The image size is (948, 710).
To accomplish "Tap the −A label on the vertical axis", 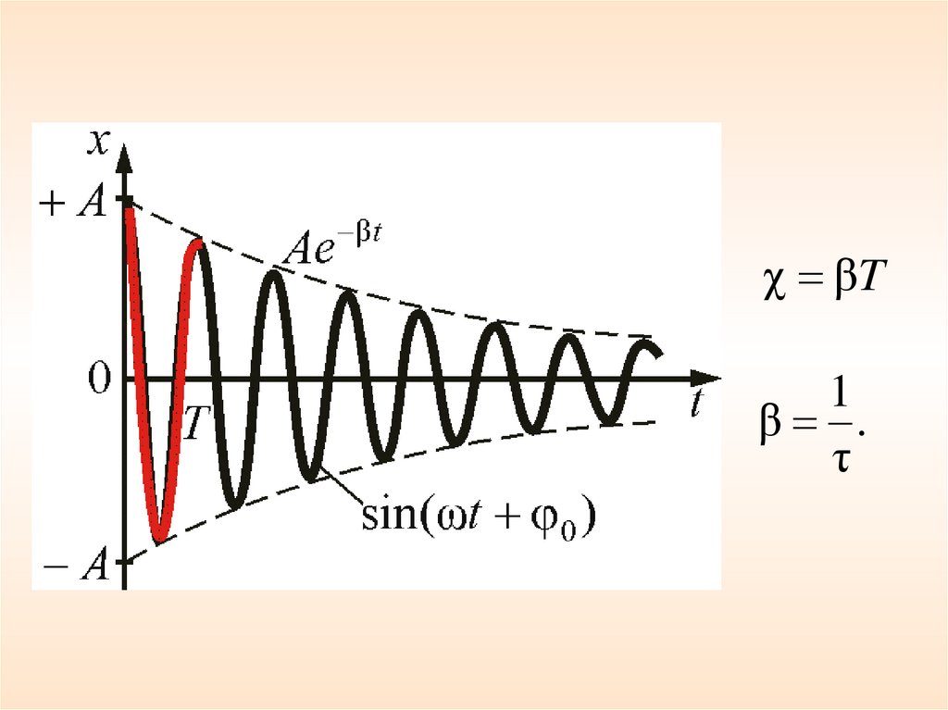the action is pyautogui.click(x=80, y=567).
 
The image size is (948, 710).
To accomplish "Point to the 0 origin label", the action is pyautogui.click(x=99, y=380).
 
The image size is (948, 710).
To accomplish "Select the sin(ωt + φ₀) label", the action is pyautogui.click(x=478, y=515).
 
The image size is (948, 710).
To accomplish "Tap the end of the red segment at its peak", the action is pyautogui.click(x=196, y=243).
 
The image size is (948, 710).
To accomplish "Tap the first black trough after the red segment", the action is pyautogui.click(x=235, y=504).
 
